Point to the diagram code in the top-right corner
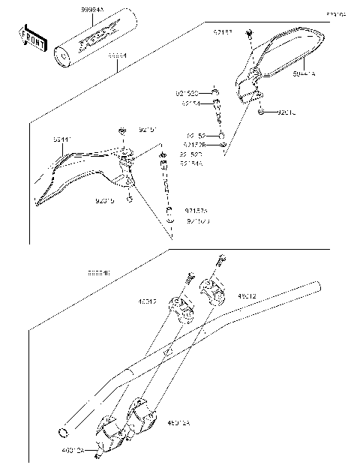(x=335, y=14)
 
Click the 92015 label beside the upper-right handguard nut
(x=288, y=112)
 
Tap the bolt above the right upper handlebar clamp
(x=219, y=262)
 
